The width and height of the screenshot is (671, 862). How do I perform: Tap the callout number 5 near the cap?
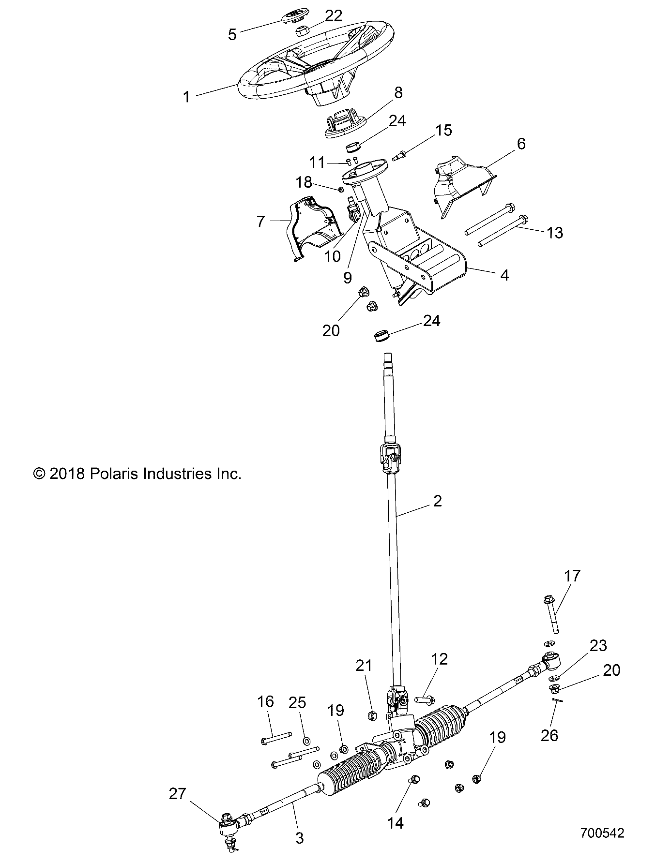click(232, 35)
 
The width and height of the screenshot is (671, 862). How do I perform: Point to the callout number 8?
click(398, 92)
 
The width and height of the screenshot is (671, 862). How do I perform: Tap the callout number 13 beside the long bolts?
click(555, 233)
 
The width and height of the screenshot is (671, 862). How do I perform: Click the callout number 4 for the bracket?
click(504, 275)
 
